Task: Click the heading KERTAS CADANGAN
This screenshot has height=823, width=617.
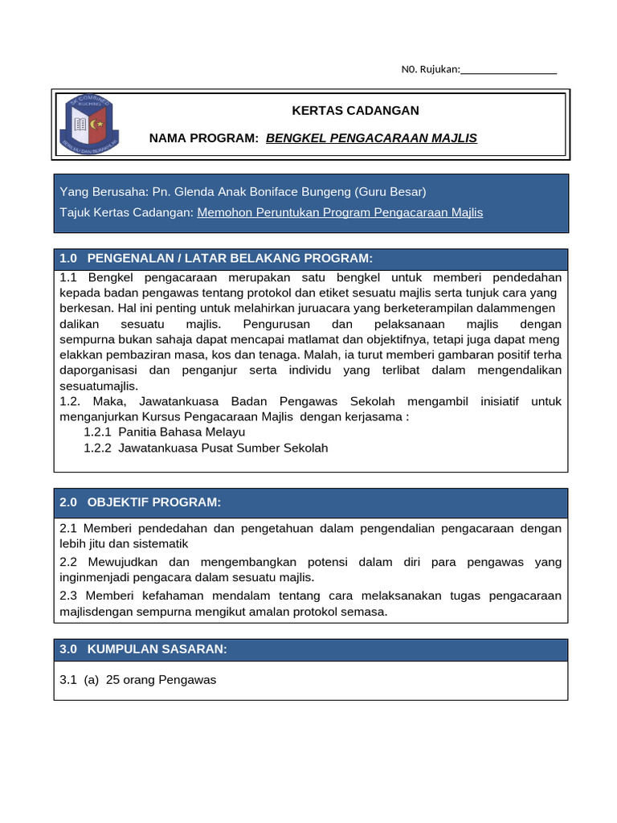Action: point(354,110)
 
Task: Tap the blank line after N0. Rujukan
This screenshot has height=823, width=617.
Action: point(509,70)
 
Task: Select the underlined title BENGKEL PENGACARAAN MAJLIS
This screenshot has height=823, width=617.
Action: point(371,138)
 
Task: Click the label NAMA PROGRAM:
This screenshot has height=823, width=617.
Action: point(204,138)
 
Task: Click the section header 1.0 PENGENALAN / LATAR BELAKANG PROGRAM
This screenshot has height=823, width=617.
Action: point(216,258)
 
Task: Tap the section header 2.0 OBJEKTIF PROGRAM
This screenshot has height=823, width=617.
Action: point(140,502)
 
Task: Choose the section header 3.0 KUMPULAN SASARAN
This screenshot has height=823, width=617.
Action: point(144,649)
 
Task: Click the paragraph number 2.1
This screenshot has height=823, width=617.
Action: point(69,528)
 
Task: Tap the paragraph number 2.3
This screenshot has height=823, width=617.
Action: point(69,596)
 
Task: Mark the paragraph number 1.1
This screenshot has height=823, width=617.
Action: point(69,276)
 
